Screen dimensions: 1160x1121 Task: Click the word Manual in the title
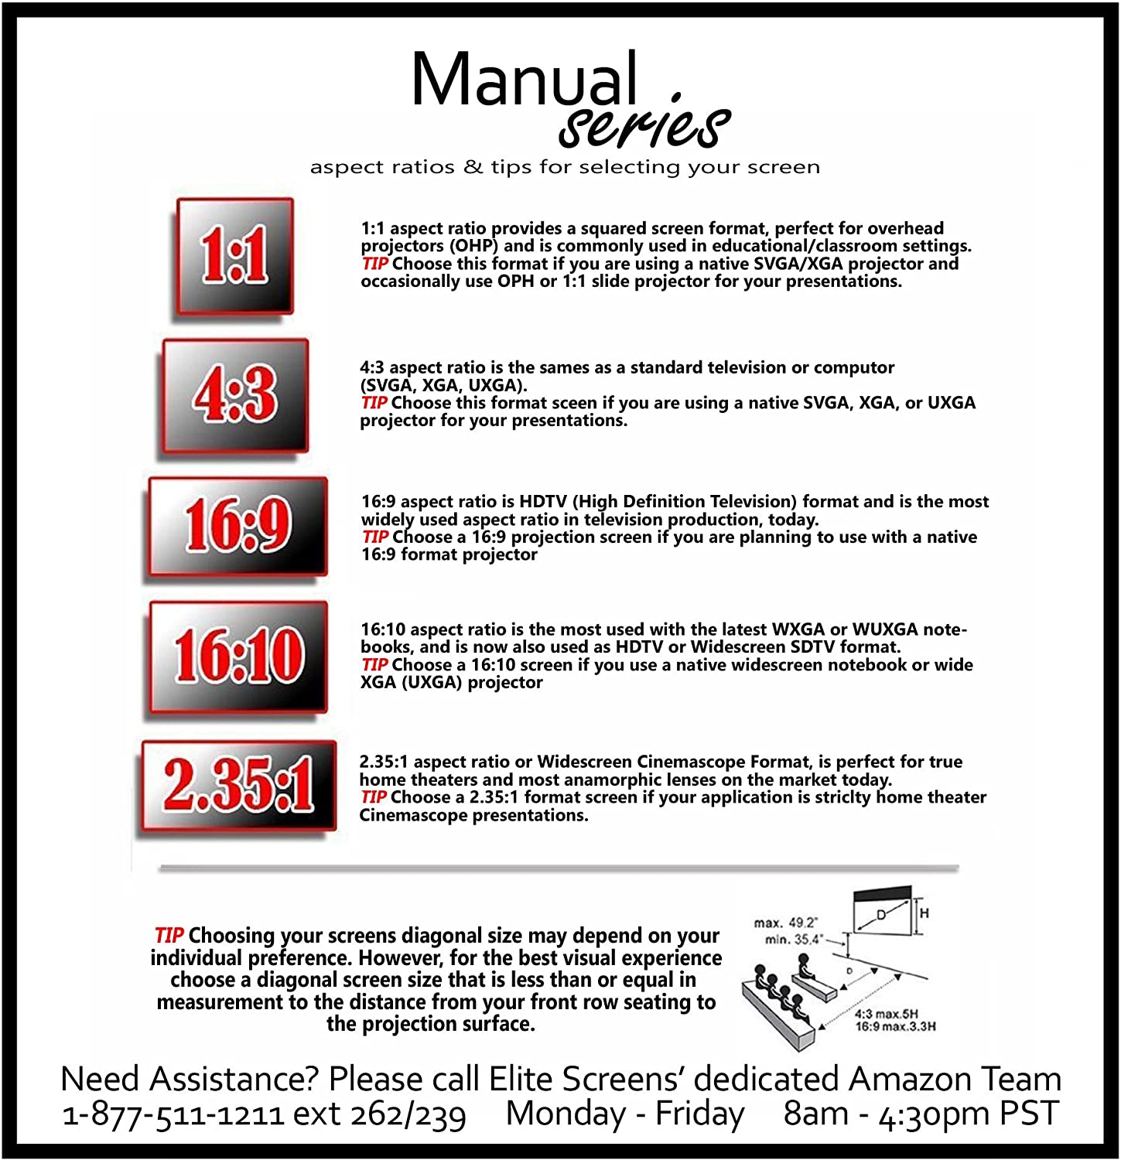click(x=525, y=80)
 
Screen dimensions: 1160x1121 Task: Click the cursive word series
click(x=644, y=125)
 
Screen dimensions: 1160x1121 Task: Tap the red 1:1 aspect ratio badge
click(x=235, y=256)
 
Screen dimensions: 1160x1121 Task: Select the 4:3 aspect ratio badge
click(x=235, y=395)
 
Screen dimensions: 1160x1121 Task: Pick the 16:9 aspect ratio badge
click(x=238, y=526)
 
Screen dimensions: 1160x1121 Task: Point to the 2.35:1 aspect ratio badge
click(x=238, y=786)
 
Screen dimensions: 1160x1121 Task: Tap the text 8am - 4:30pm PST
click(x=920, y=1114)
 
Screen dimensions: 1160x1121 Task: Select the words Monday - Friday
click(x=624, y=1114)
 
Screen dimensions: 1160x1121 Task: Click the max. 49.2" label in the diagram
click(x=785, y=923)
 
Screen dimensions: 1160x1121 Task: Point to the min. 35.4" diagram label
click(x=792, y=940)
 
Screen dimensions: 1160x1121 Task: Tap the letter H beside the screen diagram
click(x=924, y=913)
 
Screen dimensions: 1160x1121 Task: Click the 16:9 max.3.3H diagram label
click(x=895, y=1026)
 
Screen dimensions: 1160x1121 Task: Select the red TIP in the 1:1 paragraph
click(x=374, y=264)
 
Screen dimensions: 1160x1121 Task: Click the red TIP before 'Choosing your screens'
click(x=168, y=936)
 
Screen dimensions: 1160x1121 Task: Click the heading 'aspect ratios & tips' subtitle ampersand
click(x=473, y=167)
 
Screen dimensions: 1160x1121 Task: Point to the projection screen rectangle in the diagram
click(x=881, y=913)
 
